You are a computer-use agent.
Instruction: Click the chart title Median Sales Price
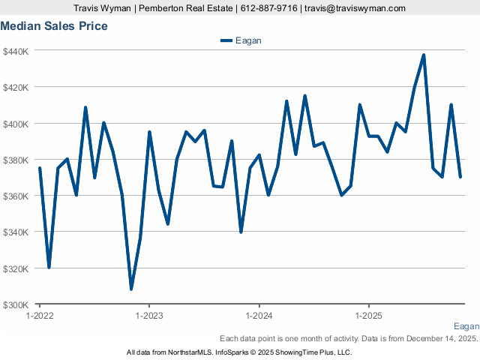click(x=54, y=26)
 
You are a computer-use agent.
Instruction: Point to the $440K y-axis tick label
click(x=16, y=51)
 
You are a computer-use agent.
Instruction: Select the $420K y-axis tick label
click(x=16, y=87)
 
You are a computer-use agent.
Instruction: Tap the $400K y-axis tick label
click(x=16, y=123)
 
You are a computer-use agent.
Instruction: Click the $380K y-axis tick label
click(x=16, y=160)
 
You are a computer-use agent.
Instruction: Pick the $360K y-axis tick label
click(x=16, y=196)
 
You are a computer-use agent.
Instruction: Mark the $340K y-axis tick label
click(x=16, y=232)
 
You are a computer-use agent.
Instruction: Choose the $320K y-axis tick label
click(x=16, y=268)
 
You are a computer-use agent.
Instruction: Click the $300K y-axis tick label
click(x=16, y=304)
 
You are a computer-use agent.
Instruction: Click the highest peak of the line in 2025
click(x=424, y=55)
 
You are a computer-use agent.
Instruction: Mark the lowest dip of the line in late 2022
click(x=131, y=289)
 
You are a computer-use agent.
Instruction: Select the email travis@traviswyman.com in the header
click(x=355, y=8)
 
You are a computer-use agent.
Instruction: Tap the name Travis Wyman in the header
click(x=103, y=8)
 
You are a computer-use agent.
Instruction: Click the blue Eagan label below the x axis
click(x=466, y=326)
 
